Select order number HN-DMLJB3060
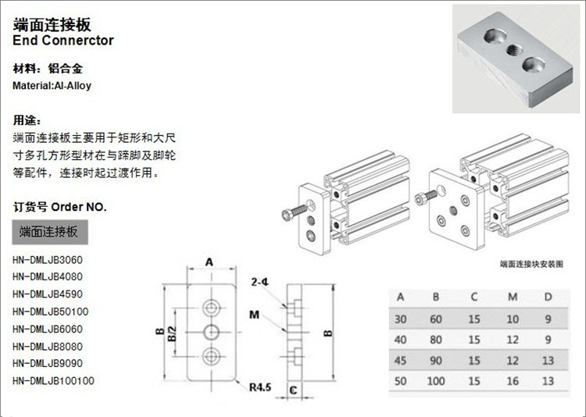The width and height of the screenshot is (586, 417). point(48,260)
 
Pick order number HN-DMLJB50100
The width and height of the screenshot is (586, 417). point(50,312)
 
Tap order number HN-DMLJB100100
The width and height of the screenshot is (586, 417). point(53,380)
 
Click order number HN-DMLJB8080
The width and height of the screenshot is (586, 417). point(48,346)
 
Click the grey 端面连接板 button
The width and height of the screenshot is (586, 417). point(48,232)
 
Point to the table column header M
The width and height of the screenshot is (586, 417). point(512,297)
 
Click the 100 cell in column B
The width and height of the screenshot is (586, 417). point(436,381)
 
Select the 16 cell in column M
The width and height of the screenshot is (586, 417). point(512,381)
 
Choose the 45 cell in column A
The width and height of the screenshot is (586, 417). point(401,360)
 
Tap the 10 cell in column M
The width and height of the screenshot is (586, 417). point(512,319)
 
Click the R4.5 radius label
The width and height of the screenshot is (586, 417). point(260,386)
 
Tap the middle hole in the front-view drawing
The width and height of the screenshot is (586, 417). point(210,331)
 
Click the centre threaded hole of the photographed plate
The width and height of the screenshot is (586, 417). point(514,51)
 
